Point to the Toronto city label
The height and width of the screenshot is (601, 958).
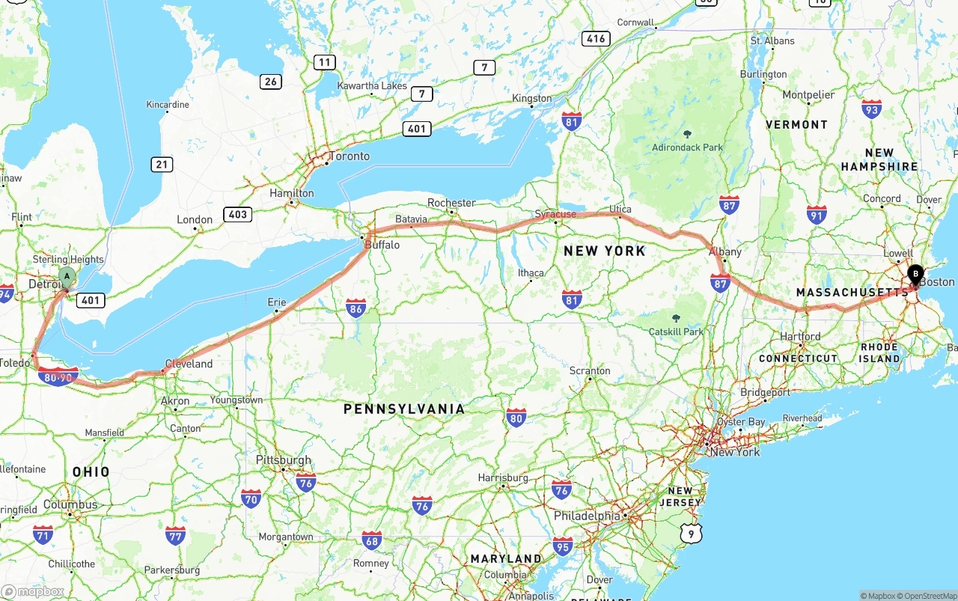pyautogui.click(x=350, y=156)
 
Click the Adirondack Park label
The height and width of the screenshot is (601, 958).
pyautogui.click(x=687, y=147)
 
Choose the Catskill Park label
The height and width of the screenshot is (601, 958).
pyautogui.click(x=677, y=332)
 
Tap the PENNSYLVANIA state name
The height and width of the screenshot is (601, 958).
pyautogui.click(x=404, y=409)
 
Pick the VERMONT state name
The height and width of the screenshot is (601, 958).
pyautogui.click(x=796, y=124)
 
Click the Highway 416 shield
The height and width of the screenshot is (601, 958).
pyautogui.click(x=596, y=39)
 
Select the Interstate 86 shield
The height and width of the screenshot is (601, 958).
pyautogui.click(x=356, y=308)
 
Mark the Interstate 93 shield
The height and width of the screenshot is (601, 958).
pyautogui.click(x=871, y=109)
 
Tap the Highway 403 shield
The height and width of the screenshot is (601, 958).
pyautogui.click(x=237, y=215)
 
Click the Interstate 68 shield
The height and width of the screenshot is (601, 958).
pyautogui.click(x=371, y=540)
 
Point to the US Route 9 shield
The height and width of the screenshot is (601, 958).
pyautogui.click(x=692, y=532)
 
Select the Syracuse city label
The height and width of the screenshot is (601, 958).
pyautogui.click(x=555, y=214)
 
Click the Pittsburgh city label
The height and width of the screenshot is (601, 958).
pyautogui.click(x=283, y=460)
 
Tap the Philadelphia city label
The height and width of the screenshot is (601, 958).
pyautogui.click(x=587, y=516)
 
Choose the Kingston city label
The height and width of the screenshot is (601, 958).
pyautogui.click(x=531, y=98)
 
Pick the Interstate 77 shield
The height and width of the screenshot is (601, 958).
pyautogui.click(x=175, y=535)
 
